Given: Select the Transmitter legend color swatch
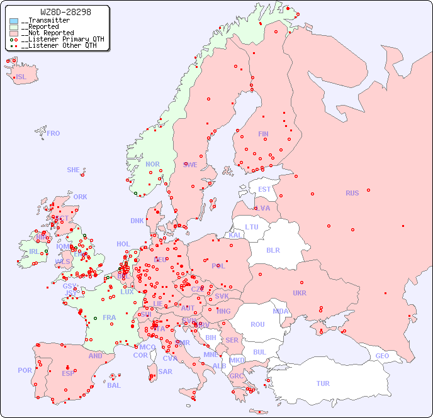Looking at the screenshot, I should [x=14, y=21].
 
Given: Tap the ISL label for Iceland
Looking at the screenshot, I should [x=21, y=77].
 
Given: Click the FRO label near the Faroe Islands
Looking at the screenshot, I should [x=53, y=133].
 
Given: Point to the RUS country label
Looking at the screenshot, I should [x=352, y=193].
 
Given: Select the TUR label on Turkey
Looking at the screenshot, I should [x=323, y=383].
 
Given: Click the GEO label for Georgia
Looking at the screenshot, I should [x=382, y=356].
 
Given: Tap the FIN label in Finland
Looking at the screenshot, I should [x=263, y=134].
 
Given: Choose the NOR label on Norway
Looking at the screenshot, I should [x=152, y=164].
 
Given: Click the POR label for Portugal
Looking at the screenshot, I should [x=25, y=370].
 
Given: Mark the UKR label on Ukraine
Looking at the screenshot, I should [x=300, y=294].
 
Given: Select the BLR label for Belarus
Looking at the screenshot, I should [x=273, y=250].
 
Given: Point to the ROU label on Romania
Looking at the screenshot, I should [x=257, y=324].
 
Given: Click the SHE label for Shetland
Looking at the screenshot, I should [x=74, y=170].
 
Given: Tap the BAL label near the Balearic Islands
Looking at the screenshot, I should [x=114, y=385].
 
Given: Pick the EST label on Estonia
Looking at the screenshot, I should [x=264, y=189].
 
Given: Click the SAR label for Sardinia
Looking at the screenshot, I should [x=166, y=371].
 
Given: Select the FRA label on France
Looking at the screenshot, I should [x=110, y=317].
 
